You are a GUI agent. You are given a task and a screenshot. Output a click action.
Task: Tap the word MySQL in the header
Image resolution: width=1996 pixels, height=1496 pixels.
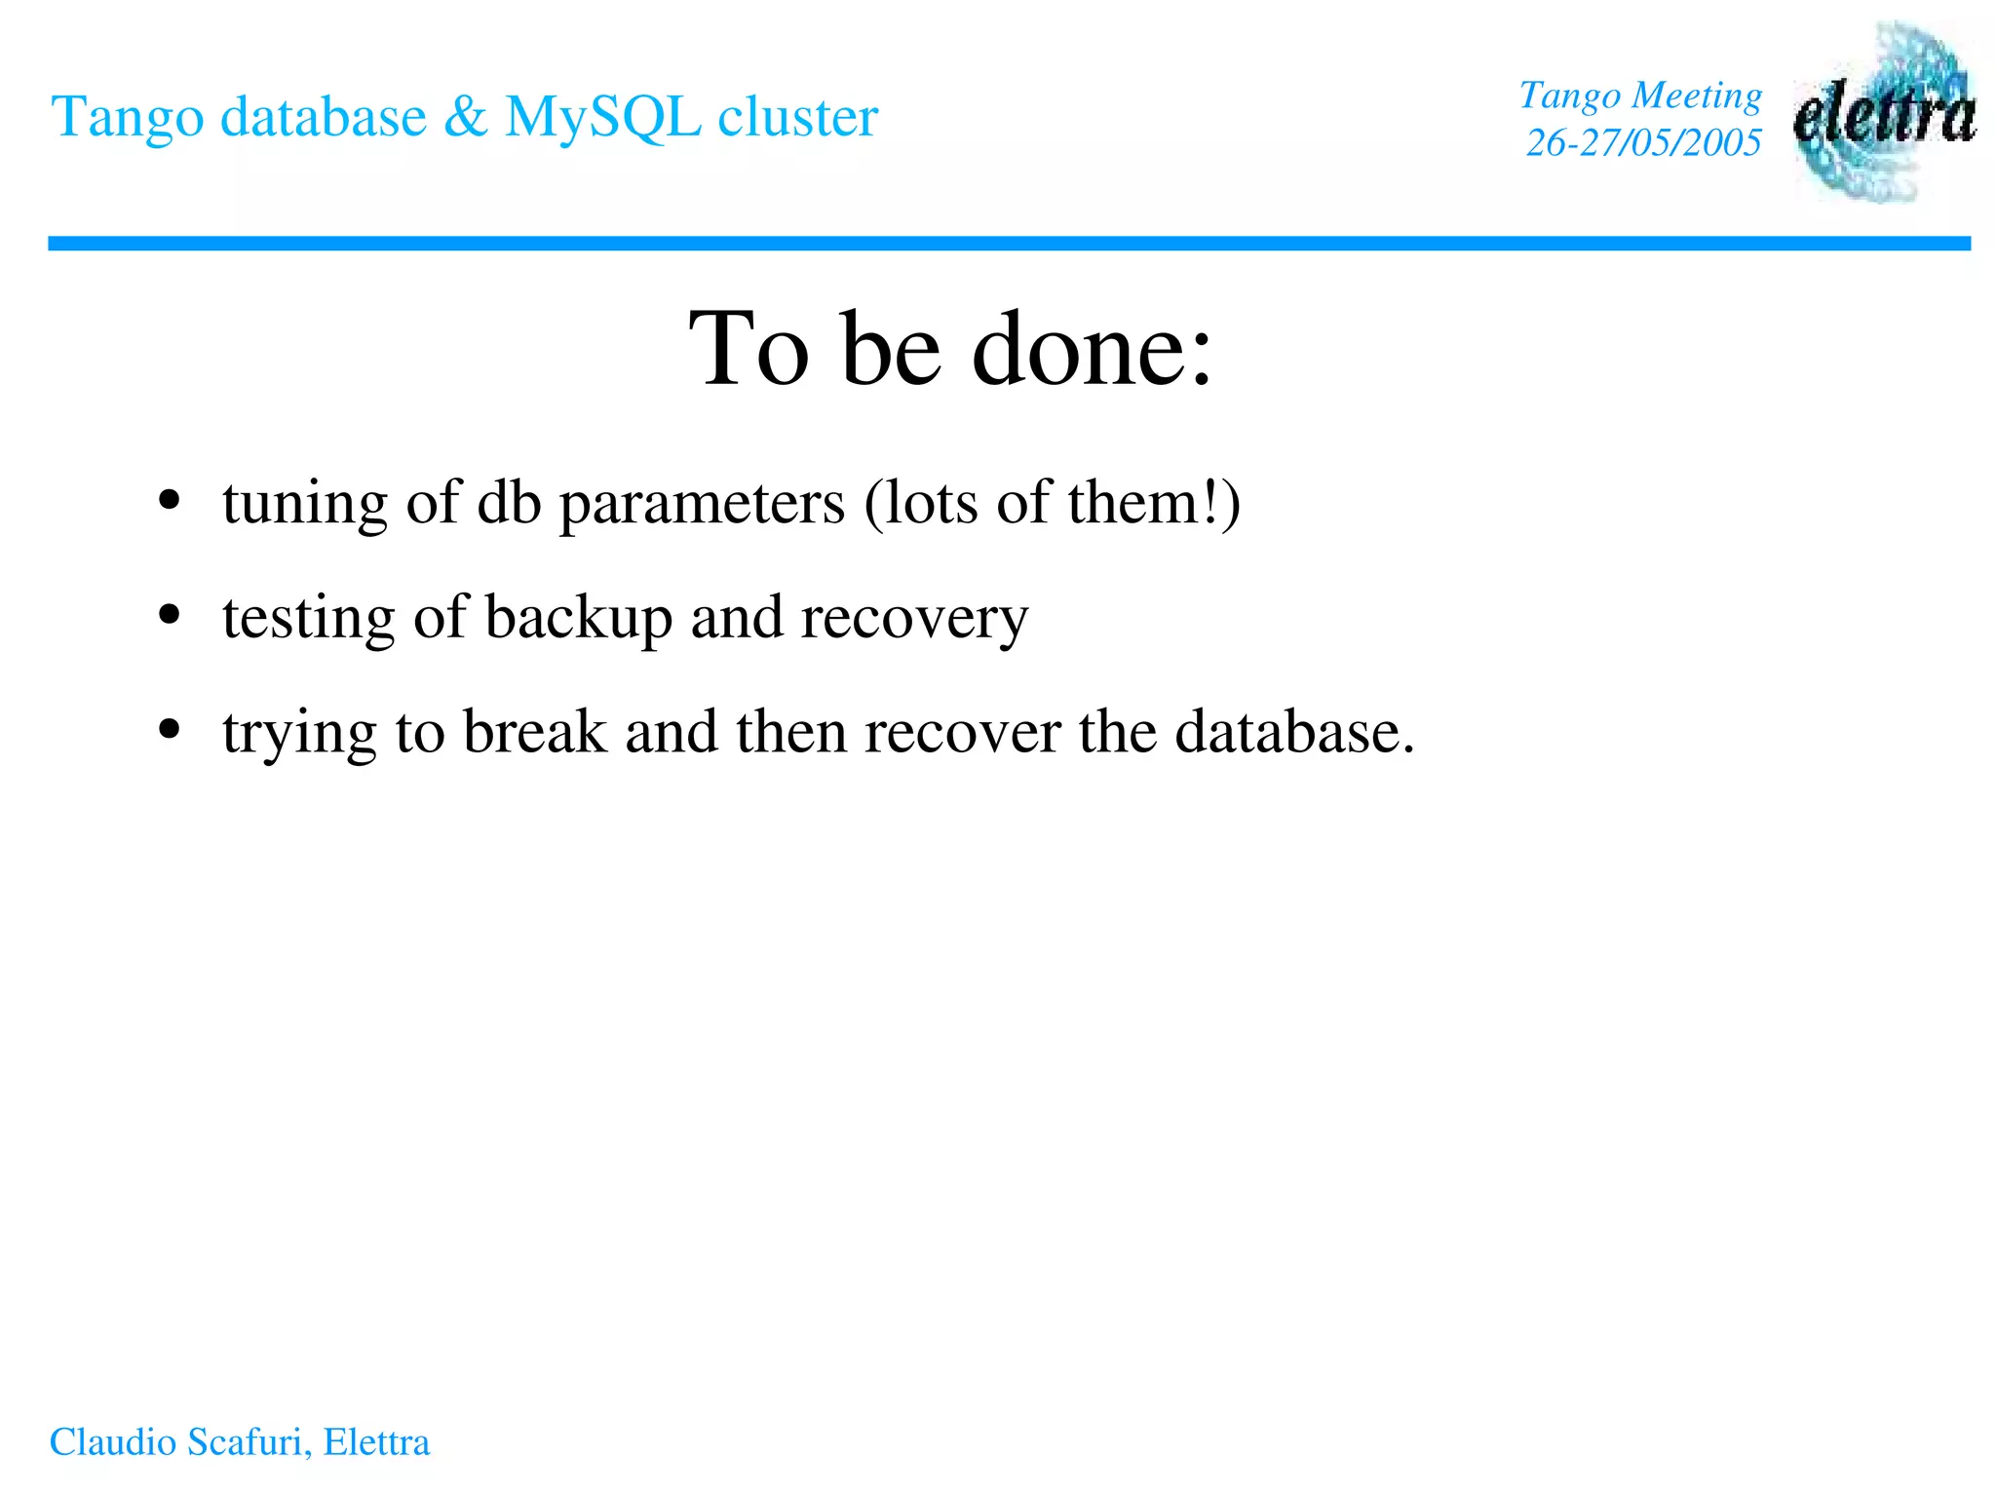tap(602, 117)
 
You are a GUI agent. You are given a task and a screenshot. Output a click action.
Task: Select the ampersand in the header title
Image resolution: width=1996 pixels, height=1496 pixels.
tap(465, 117)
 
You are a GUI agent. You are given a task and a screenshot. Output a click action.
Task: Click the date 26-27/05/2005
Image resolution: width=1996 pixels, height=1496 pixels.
tap(1643, 143)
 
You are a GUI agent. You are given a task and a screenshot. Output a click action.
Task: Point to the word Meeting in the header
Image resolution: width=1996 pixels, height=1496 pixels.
tap(1697, 96)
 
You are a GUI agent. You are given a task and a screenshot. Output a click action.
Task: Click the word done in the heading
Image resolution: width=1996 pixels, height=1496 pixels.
tap(1093, 348)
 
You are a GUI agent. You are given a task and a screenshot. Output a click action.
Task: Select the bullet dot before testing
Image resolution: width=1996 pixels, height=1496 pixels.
tap(170, 615)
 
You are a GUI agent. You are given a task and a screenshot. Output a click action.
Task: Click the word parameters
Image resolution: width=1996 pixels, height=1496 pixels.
tap(702, 505)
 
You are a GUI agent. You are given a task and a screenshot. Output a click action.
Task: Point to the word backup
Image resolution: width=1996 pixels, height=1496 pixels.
tap(579, 618)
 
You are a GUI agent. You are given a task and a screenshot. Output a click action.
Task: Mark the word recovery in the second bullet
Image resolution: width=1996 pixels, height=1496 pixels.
tap(913, 618)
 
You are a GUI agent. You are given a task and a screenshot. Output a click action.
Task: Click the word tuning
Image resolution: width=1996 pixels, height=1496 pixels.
tap(304, 505)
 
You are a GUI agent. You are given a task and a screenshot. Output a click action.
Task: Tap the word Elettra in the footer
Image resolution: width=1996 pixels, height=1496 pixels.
tap(376, 1442)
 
